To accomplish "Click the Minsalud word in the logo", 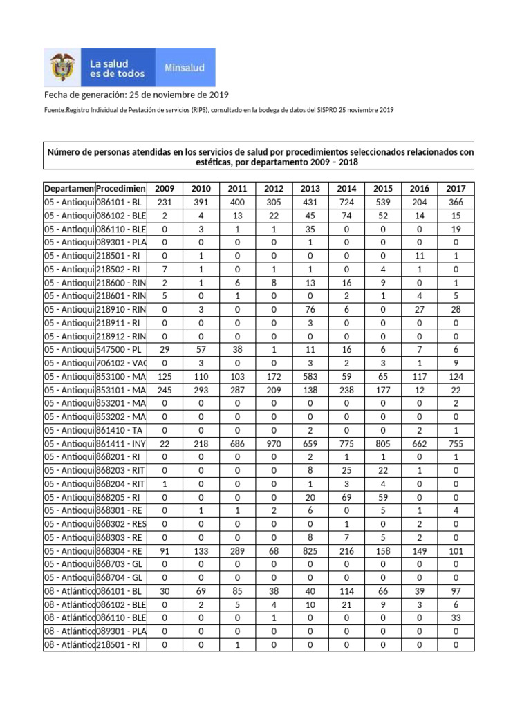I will (183, 68).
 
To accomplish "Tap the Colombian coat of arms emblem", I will (63, 67).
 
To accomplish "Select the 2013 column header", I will (310, 189).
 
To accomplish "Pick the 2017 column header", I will (456, 189).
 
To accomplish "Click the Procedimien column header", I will (121, 189).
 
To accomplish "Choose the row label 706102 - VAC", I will (121, 363).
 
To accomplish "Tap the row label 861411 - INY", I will (121, 444).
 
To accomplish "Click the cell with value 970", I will (274, 444).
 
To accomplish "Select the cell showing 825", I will (310, 551).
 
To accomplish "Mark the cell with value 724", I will (346, 203).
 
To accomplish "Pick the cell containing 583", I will (310, 377).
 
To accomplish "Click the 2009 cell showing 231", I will (165, 203).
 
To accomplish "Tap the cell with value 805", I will (383, 444).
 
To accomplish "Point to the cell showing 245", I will (165, 390).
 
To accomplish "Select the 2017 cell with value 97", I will (456, 591).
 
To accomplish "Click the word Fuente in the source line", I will (55, 110).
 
